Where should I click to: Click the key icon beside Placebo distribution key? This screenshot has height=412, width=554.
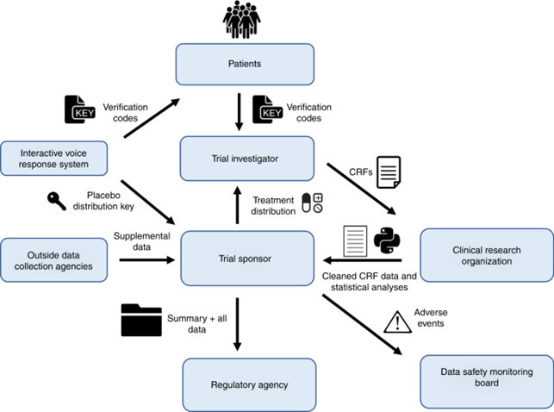(x=55, y=201)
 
